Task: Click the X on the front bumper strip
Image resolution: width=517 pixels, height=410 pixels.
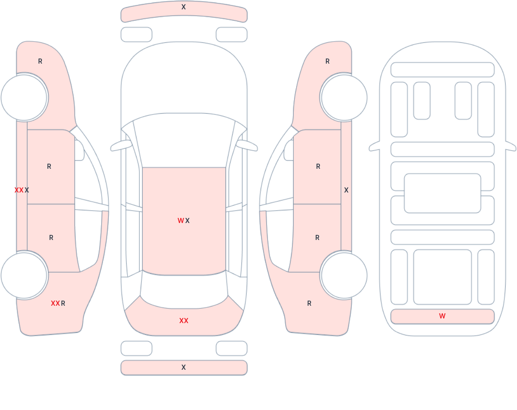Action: click(x=183, y=7)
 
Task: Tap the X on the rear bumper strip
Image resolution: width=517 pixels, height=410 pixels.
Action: click(x=183, y=367)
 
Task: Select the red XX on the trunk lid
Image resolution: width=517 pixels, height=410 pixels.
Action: click(x=184, y=321)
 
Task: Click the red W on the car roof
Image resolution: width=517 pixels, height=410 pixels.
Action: click(x=181, y=220)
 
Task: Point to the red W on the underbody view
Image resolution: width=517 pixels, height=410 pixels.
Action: click(x=442, y=316)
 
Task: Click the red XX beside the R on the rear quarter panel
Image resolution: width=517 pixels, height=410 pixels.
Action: click(x=55, y=303)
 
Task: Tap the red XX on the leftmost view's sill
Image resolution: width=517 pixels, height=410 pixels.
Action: click(x=19, y=190)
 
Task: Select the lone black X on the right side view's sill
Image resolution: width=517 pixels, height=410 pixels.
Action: click(x=346, y=190)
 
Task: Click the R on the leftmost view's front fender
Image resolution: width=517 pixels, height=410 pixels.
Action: click(x=40, y=61)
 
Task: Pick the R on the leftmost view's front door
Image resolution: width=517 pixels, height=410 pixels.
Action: click(x=49, y=166)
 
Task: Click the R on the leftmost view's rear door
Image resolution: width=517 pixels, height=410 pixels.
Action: click(x=51, y=238)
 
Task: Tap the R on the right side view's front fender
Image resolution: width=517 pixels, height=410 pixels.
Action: click(x=328, y=61)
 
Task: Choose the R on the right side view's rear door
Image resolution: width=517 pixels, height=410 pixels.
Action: click(x=317, y=238)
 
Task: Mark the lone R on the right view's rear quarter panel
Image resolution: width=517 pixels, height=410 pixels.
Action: click(x=309, y=303)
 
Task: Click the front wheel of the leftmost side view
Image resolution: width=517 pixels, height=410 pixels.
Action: click(x=24, y=98)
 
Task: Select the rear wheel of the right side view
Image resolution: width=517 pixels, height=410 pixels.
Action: click(x=344, y=276)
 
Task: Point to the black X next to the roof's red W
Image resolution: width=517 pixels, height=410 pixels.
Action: click(x=187, y=220)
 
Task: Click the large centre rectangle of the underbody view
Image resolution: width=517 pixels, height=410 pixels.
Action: click(x=442, y=193)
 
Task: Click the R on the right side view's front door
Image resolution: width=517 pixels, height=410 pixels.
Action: click(x=318, y=166)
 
